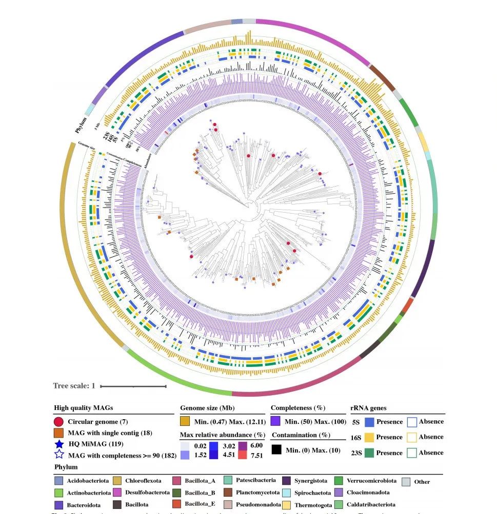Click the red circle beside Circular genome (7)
coord(59,422)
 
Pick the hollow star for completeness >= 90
coord(59,454)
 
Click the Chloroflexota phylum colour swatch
coord(117,481)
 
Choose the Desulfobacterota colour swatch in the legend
coord(117,492)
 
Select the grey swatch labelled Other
coord(406,482)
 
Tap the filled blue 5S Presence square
coord(369,422)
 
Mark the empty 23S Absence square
coord(412,453)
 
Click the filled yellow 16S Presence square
coord(369,437)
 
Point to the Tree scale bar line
coord(133,386)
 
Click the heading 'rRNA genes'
coord(368,408)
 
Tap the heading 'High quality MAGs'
coord(83,408)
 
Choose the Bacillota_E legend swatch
coord(176,504)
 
